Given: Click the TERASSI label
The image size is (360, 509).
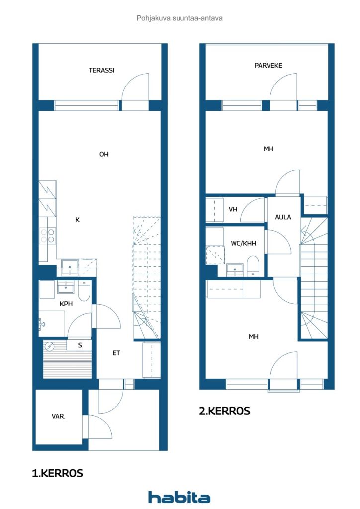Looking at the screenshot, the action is pos(101,70).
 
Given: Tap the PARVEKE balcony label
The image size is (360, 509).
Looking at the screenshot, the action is pos(268,65).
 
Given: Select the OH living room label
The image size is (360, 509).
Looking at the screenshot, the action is pos(104,154).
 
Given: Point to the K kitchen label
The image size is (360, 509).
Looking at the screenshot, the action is pos(77,220).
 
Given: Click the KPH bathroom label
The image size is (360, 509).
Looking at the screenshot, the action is pos(66,304).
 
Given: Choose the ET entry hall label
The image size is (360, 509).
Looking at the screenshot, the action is pos(116,353).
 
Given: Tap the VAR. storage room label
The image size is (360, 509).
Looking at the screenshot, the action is pos(59,416).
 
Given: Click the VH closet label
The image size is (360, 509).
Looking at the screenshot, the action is pos(233,209).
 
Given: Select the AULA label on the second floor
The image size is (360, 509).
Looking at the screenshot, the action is pos(283,217).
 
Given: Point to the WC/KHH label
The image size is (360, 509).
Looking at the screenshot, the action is pos(244,243).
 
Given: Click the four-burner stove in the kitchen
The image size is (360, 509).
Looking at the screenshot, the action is pos(47,235).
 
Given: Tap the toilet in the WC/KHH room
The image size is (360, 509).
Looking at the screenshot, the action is pos(253,266).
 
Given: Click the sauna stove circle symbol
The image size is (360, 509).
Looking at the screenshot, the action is pos(50,346).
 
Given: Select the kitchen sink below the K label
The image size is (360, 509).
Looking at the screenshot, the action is pos(70,267).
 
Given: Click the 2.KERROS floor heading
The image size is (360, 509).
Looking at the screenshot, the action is pos(225,411).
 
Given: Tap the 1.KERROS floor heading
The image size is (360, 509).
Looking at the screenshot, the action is pos(58,473).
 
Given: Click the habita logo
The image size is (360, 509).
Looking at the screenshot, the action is pos(179,497).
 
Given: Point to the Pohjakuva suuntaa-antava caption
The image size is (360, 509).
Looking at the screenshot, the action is pos(180,18).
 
